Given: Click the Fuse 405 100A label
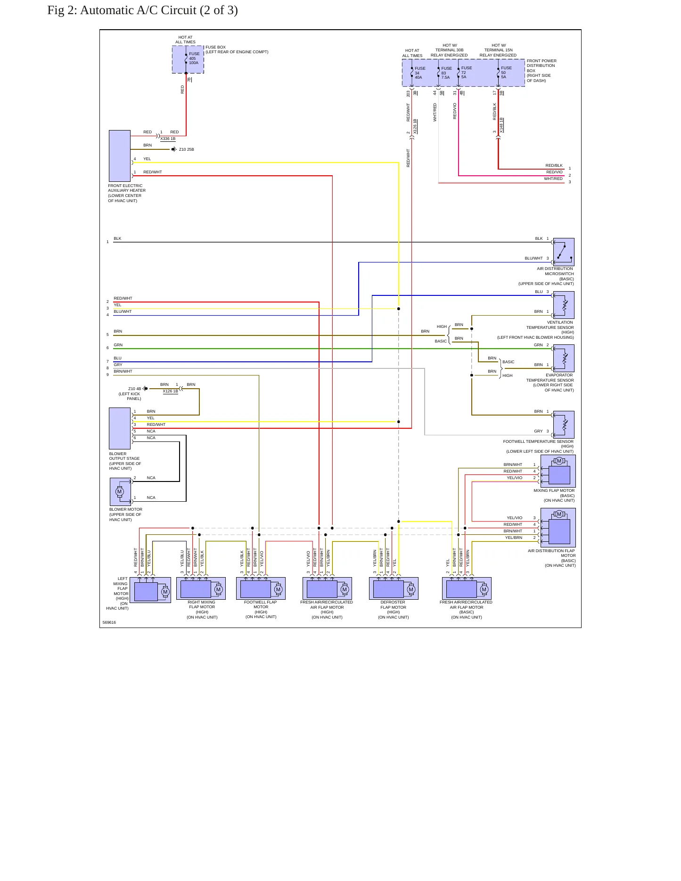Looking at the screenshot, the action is [194, 58].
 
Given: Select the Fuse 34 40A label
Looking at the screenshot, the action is [419, 73].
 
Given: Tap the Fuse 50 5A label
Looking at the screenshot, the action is [506, 73].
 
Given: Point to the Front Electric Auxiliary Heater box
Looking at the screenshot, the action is [120, 156].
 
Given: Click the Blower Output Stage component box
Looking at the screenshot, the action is [120, 428].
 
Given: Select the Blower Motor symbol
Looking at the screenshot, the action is [120, 492].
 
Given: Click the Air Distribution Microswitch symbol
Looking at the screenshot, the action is [564, 252].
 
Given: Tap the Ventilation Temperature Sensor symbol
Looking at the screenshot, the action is [564, 305].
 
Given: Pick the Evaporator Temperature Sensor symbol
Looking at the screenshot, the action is [564, 358].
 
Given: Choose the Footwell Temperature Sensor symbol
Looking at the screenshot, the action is [564, 424].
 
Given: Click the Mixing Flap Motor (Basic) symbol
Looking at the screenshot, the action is [558, 471].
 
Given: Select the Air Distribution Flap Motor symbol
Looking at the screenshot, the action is [558, 527].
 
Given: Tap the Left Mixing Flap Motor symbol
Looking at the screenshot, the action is [150, 590].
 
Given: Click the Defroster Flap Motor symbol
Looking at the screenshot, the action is [394, 588].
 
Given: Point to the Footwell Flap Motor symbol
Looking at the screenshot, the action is [261, 588].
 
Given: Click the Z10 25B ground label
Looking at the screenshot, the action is [187, 149].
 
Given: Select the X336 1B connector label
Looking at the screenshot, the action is [168, 139].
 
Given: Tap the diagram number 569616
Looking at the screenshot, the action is [109, 622].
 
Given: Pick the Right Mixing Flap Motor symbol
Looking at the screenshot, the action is [201, 588].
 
